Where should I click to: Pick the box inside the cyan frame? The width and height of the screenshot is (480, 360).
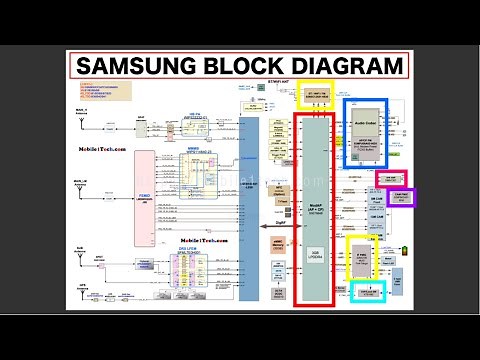tap(369, 291)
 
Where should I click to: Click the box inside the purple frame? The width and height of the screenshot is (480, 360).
tap(396, 197)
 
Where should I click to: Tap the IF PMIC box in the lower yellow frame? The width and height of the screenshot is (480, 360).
tap(362, 257)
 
